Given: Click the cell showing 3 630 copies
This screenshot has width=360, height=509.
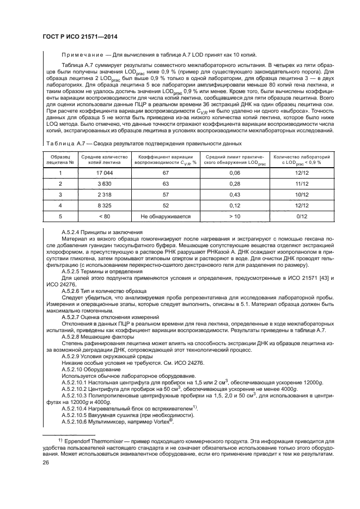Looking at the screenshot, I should coord(104,183).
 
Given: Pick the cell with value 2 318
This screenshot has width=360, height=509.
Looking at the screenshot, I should coord(104,194).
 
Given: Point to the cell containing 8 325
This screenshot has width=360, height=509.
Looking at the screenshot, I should coord(104,205).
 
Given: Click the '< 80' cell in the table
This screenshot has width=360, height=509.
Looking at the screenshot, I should coord(104,216).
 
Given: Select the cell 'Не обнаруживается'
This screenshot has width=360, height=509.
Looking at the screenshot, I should coord(165,216).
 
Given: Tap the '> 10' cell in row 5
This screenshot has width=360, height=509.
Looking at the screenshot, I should coord(235,216).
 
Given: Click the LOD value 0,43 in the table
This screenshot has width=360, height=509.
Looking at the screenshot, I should coord(235,194).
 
